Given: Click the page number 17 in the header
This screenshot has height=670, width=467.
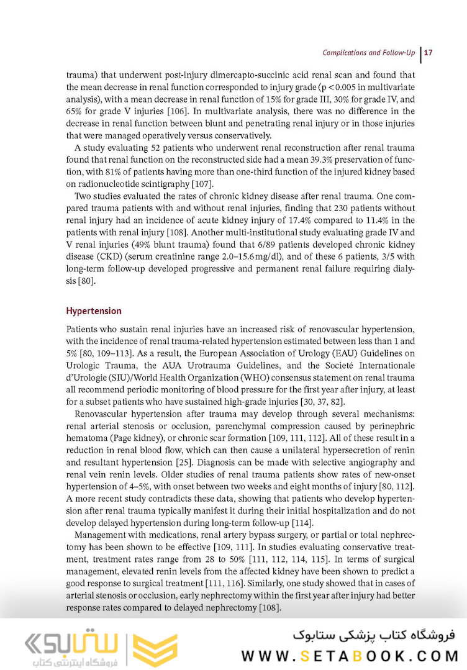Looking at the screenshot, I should [428, 52].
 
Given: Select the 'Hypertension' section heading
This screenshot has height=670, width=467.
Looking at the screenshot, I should [94, 310].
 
